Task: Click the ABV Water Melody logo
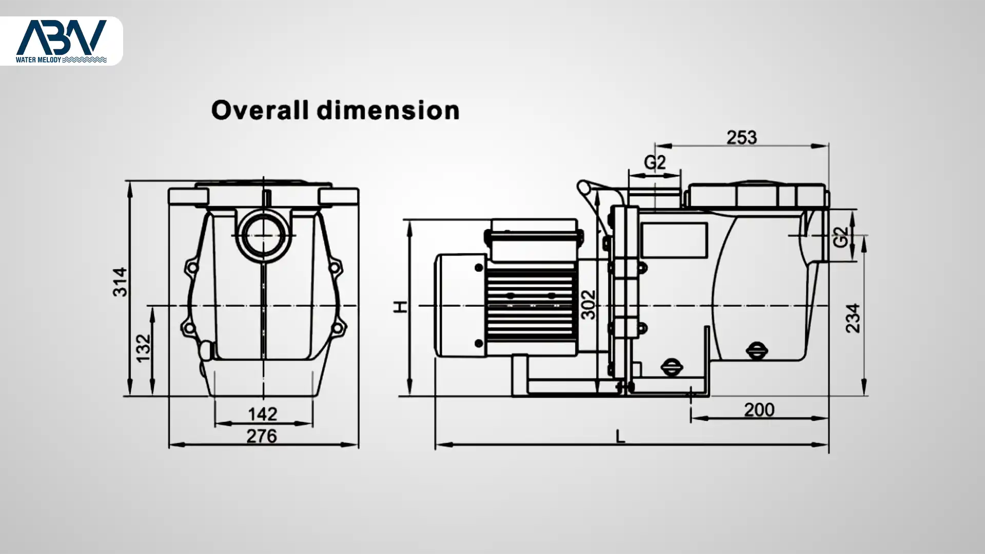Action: point(61,41)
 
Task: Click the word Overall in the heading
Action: point(260,110)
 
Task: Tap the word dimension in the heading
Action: point(388,110)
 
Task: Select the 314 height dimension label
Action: point(120,282)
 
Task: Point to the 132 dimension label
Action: point(144,348)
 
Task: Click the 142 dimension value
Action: point(263,414)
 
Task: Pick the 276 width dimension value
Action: point(262,436)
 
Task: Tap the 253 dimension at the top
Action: point(742,137)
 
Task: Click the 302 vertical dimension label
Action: point(589,305)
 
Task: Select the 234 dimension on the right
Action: point(853,318)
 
